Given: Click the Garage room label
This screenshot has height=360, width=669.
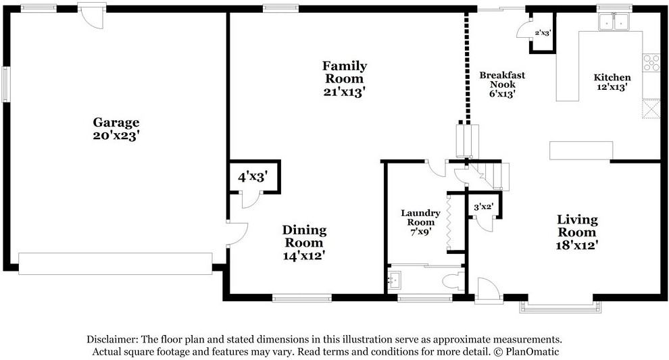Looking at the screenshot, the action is [x=116, y=123].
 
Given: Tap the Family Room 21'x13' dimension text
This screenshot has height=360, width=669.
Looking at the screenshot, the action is [x=345, y=92].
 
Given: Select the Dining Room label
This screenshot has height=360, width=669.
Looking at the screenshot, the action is [x=304, y=236].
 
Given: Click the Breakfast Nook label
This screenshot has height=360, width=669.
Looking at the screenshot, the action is [x=502, y=80].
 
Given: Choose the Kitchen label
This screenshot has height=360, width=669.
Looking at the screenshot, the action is [x=612, y=77].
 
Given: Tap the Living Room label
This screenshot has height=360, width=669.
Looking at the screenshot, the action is [x=577, y=226].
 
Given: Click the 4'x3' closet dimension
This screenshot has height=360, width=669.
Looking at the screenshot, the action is [x=253, y=176].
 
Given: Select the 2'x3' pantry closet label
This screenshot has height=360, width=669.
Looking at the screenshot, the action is [x=543, y=32].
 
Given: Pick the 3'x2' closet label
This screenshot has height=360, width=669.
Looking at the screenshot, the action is [x=484, y=207].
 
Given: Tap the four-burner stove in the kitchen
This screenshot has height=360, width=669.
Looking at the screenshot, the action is [x=651, y=63].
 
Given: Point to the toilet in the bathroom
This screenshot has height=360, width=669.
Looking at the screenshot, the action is [x=453, y=282].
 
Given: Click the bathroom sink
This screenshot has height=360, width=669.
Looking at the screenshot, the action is [x=395, y=280].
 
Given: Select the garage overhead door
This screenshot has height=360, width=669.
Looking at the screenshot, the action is [x=115, y=263].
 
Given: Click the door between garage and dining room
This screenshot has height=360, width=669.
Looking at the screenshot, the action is [x=237, y=234].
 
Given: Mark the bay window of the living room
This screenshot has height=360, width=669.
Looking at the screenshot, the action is [x=560, y=307].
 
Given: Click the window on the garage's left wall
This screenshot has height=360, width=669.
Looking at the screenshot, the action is [x=5, y=84].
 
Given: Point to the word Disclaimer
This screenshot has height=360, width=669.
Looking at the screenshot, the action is [x=111, y=340].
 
